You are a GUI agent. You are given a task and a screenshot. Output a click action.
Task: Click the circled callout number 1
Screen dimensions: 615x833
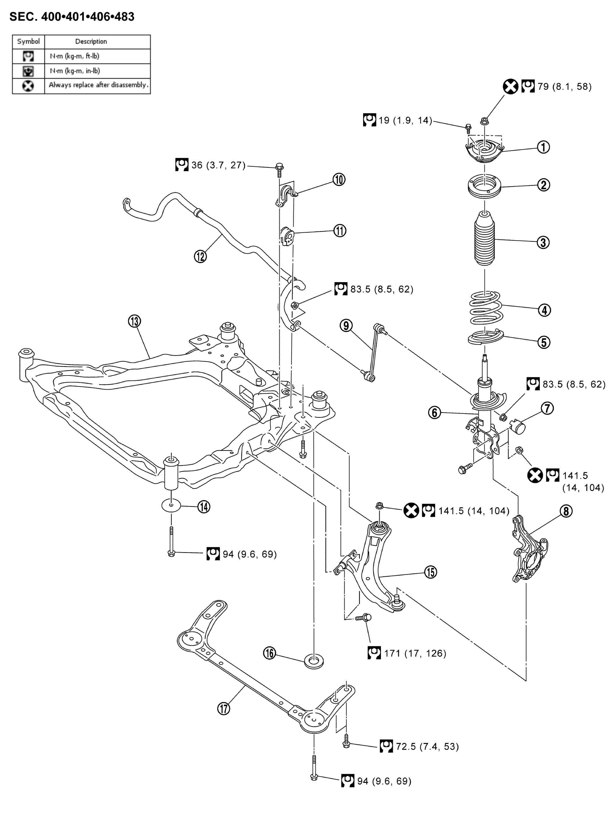[543, 147]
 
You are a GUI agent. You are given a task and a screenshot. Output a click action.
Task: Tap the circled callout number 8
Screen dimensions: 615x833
[566, 511]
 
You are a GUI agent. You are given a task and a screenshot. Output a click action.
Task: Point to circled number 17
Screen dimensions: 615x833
[224, 709]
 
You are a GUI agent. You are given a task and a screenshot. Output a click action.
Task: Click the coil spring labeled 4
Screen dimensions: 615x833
[485, 308]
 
